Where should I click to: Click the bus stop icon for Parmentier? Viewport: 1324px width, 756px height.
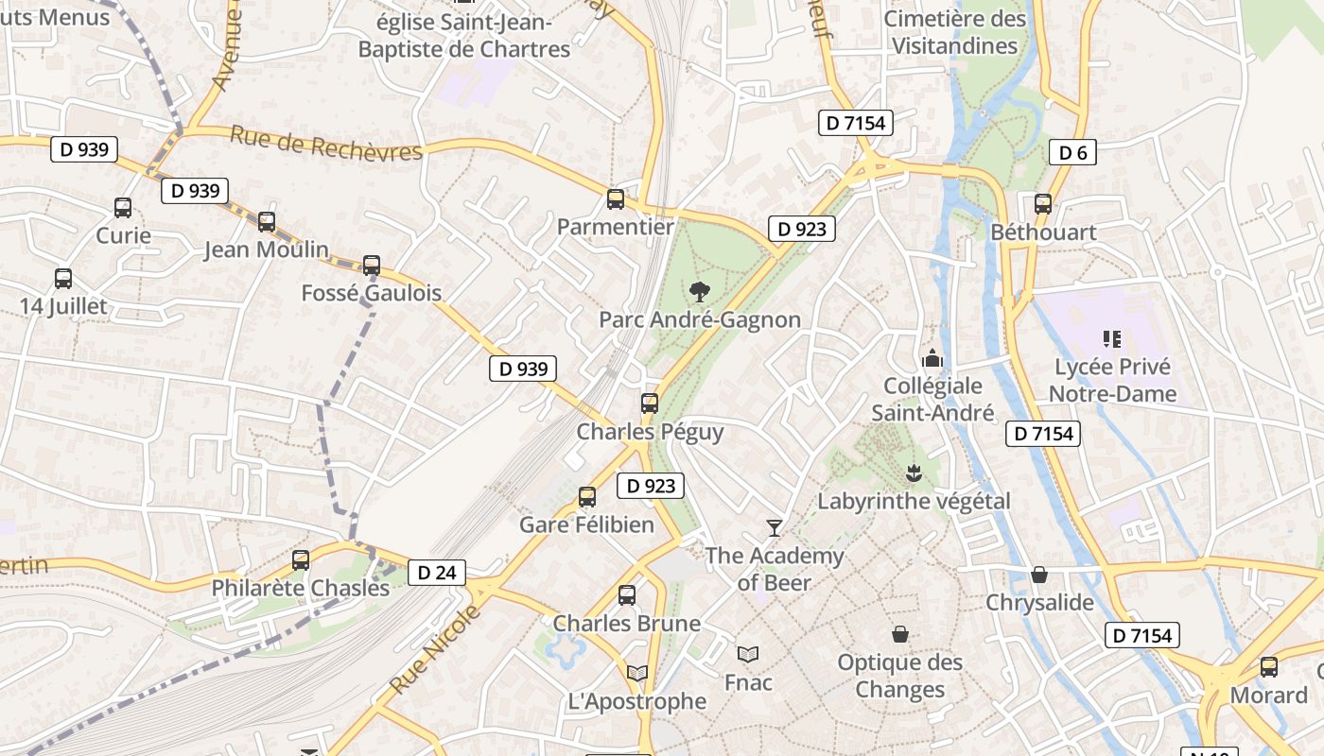pyautogui.click(x=616, y=198)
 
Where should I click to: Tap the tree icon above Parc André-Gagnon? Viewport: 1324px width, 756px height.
pyautogui.click(x=699, y=291)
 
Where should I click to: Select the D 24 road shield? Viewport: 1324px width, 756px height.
pyautogui.click(x=437, y=572)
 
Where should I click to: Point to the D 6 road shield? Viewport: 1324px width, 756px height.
pyautogui.click(x=1072, y=152)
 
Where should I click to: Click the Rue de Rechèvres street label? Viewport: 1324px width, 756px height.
pyautogui.click(x=325, y=145)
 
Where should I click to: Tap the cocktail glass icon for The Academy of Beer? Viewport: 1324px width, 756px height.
pyautogui.click(x=775, y=527)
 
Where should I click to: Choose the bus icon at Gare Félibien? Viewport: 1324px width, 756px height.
pyautogui.click(x=587, y=496)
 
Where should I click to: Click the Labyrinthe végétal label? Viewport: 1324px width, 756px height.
pyautogui.click(x=914, y=501)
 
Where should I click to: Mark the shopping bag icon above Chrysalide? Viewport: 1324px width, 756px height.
pyautogui.click(x=1038, y=575)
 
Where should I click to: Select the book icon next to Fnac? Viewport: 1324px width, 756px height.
pyautogui.click(x=747, y=654)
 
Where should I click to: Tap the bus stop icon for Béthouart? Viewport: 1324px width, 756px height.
pyautogui.click(x=1043, y=203)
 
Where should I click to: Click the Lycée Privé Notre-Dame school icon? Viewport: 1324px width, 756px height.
pyautogui.click(x=1111, y=338)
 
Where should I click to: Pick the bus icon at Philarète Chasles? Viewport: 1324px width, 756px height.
pyautogui.click(x=301, y=559)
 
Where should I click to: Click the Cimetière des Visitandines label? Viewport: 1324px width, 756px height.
pyautogui.click(x=955, y=32)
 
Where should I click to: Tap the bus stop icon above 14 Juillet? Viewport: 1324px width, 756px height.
pyautogui.click(x=63, y=279)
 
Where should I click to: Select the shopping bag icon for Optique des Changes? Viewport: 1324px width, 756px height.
pyautogui.click(x=899, y=634)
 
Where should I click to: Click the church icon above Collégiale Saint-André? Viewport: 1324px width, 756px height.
pyautogui.click(x=932, y=358)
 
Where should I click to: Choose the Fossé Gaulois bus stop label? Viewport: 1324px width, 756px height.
pyautogui.click(x=372, y=293)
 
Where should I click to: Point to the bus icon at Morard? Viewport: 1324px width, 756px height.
pyautogui.click(x=1268, y=666)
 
